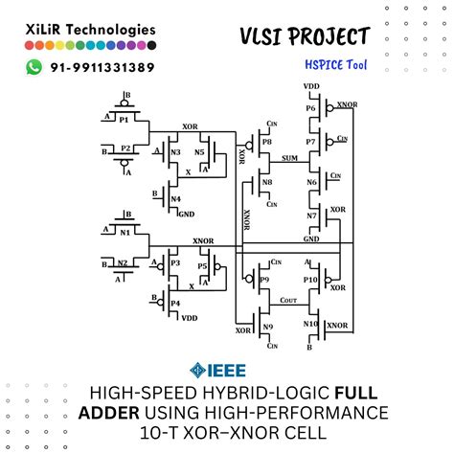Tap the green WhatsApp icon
tap(35, 67)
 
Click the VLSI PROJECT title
tap(305, 36)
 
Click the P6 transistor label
tap(310, 108)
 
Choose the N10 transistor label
tap(310, 324)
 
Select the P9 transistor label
tap(265, 280)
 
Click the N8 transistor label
tap(266, 182)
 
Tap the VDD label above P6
tap(311, 87)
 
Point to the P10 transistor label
tap(310, 280)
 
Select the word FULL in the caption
tap(366, 393)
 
